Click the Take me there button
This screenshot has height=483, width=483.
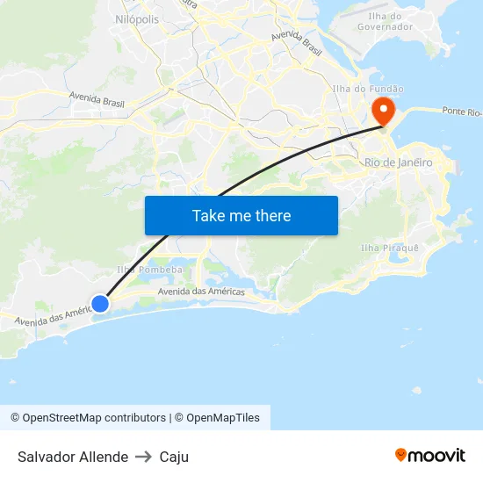[241, 215]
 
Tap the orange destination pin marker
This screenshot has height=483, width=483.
[384, 110]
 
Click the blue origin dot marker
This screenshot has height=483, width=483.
[100, 303]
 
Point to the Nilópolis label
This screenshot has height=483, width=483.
[137, 18]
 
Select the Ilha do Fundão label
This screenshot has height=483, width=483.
[368, 89]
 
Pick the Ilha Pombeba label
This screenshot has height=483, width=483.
[149, 270]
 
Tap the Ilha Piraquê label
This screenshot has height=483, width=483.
[390, 248]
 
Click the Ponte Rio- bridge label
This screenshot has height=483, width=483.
[462, 112]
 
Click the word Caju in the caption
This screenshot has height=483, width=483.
[174, 457]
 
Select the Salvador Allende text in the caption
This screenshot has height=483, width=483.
[73, 457]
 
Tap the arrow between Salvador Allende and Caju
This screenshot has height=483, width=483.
[144, 457]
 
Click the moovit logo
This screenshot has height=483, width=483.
[429, 455]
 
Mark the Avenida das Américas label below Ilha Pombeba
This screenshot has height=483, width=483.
[200, 291]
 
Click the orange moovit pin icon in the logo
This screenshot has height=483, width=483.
[401, 455]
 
